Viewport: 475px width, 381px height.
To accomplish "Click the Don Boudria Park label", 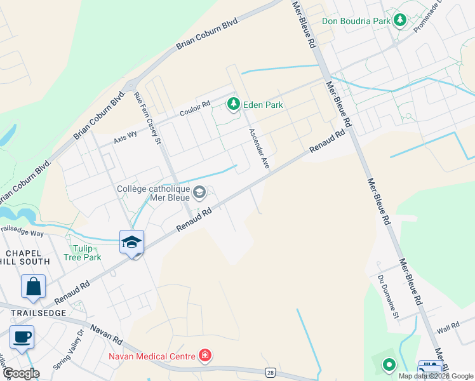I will point(356,21).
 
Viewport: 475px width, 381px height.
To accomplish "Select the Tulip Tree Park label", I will point(83,253).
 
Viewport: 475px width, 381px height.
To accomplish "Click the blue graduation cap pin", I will point(132,242).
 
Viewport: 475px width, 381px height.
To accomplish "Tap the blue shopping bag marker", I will point(33,286).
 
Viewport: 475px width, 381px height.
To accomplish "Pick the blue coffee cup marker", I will point(22,337).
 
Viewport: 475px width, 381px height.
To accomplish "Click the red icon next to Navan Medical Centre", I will point(204,355).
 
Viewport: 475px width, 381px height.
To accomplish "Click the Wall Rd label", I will point(448,328).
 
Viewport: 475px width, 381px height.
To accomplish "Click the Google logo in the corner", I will point(21,373).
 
